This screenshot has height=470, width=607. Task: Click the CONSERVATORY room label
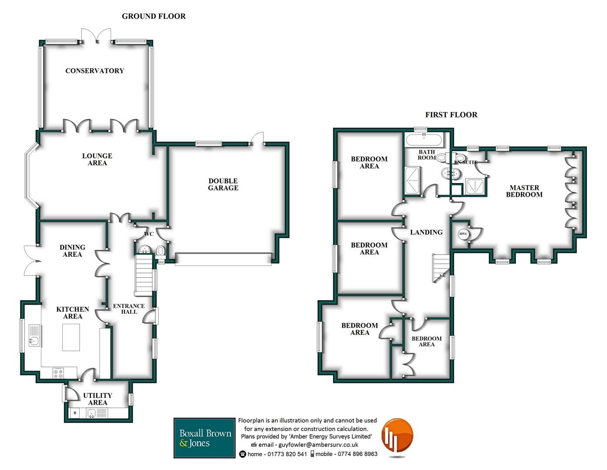tap(94, 71)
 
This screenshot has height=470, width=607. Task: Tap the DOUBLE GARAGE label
tap(223, 185)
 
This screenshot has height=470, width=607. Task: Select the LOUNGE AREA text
tap(97, 159)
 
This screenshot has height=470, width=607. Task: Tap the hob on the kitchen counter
tap(58, 373)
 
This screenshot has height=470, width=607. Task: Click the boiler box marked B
tap(75, 413)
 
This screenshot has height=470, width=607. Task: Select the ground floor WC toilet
tap(161, 251)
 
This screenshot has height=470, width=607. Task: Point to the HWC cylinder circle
tap(463, 234)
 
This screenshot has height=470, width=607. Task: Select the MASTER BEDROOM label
tap(524, 191)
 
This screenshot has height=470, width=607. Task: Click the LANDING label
tap(426, 232)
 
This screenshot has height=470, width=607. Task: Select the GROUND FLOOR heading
tap(154, 17)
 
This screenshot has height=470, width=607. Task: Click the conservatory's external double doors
tap(96, 37)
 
